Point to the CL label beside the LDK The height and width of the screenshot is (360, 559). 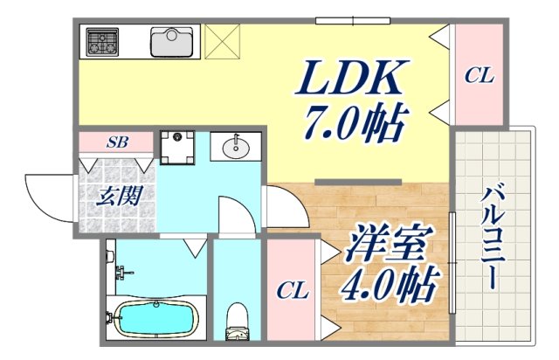coord(478,76)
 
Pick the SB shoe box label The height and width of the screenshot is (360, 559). coord(116,142)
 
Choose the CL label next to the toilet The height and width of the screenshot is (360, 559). coord(292,292)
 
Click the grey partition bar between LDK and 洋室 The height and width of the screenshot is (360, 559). coord(358,182)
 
